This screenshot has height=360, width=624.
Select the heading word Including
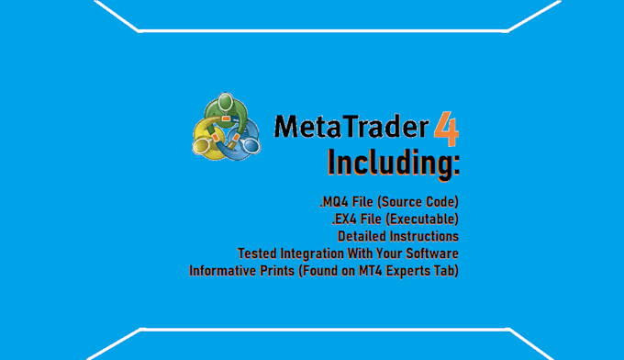coord(393,163)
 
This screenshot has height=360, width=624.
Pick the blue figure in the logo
coord(242,141)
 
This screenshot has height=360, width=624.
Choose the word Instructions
coord(424,236)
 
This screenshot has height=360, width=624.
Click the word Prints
coord(284,270)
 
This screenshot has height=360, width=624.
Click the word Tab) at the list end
coord(446,270)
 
